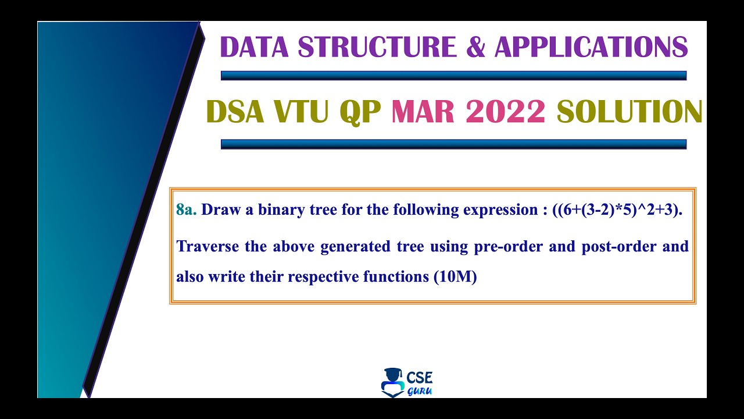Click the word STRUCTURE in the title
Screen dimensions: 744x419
coord(377,47)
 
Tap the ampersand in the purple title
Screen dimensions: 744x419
coord(475,47)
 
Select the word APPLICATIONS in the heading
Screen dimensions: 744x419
coord(591,47)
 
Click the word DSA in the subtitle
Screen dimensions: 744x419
coord(235,111)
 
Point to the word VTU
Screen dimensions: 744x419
coord(301,111)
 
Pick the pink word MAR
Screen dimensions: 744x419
coord(423,111)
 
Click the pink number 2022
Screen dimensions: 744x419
coord(505,111)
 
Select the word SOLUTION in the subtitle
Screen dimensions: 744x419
coord(629,111)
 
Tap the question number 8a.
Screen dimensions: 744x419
coord(187,210)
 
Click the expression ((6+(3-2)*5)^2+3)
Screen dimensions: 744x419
coord(617,210)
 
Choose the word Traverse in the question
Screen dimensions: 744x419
coord(208,246)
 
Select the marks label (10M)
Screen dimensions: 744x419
coord(455,276)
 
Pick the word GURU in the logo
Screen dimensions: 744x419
coord(420,391)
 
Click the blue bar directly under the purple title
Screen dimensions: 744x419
coord(454,76)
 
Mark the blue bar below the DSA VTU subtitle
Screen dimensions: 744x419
coord(454,144)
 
